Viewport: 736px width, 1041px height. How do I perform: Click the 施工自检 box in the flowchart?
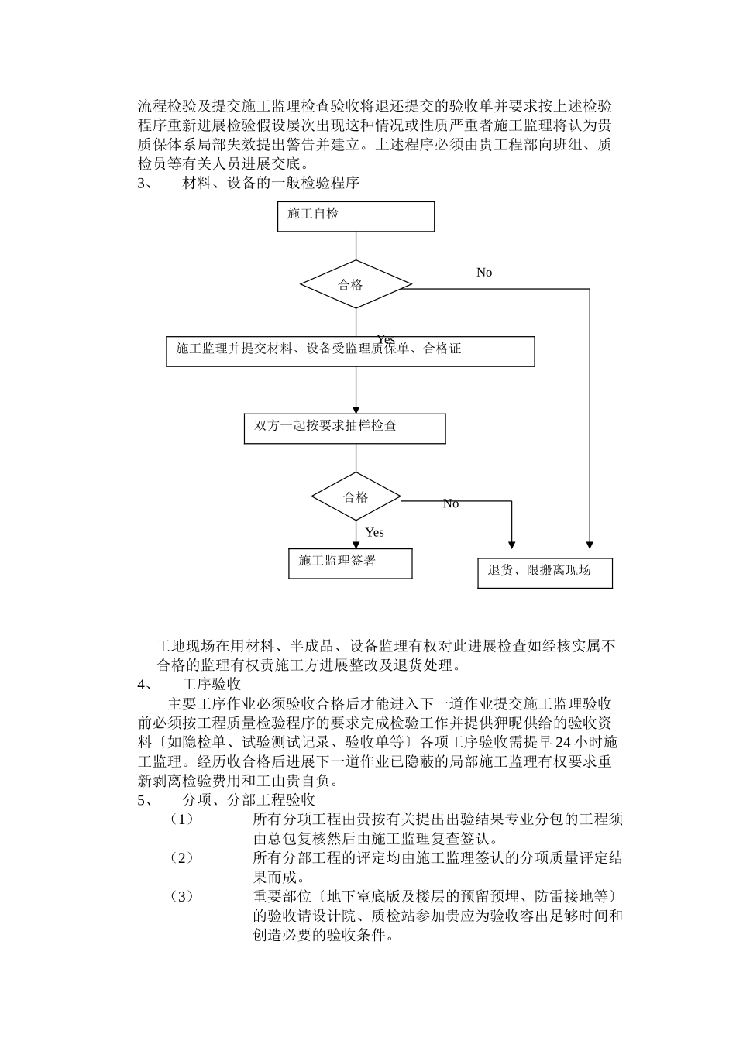pyautogui.click(x=356, y=216)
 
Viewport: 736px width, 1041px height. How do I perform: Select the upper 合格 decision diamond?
pyautogui.click(x=356, y=284)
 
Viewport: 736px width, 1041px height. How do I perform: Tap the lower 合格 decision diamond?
pyautogui.click(x=356, y=496)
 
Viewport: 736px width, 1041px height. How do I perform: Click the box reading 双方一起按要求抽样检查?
pyautogui.click(x=345, y=428)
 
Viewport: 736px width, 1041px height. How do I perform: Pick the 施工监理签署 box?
pyautogui.click(x=349, y=563)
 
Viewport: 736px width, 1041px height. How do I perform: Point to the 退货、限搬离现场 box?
pyautogui.click(x=545, y=572)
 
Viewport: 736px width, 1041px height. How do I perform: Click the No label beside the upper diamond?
pyautogui.click(x=484, y=273)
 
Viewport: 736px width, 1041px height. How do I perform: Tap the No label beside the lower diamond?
pyautogui.click(x=451, y=504)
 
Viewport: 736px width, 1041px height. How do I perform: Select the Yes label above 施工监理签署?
pyautogui.click(x=375, y=533)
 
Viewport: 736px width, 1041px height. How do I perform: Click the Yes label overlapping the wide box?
pyautogui.click(x=386, y=339)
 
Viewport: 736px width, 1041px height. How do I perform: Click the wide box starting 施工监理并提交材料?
pyautogui.click(x=350, y=351)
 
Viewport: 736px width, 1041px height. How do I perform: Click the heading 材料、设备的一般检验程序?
pyautogui.click(x=270, y=183)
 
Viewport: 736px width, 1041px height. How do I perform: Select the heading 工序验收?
pyautogui.click(x=212, y=685)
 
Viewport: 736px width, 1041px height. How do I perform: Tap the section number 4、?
pyautogui.click(x=145, y=685)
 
